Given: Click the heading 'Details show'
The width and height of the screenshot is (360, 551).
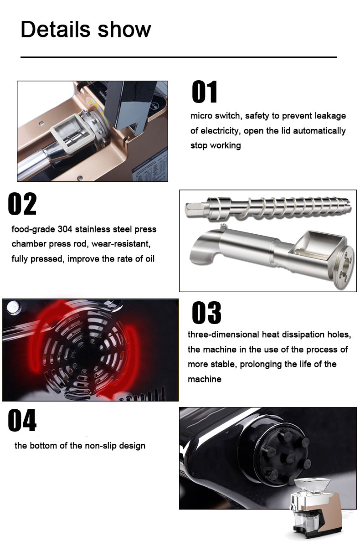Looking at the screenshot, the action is pos(86,30).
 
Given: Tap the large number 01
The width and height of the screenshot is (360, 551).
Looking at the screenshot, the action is pos(204,92).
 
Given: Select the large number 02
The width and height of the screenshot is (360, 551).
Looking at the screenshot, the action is pos(22,204).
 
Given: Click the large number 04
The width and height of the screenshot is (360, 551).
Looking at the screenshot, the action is pos(22,420).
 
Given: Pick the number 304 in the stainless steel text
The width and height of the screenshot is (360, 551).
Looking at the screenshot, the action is pos(65,229).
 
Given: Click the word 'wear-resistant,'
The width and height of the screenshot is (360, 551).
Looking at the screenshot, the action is pos(121,244).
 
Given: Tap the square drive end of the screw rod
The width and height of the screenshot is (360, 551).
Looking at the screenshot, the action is pos(195,209).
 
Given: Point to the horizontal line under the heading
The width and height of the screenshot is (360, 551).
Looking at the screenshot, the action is pos(179,57).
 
